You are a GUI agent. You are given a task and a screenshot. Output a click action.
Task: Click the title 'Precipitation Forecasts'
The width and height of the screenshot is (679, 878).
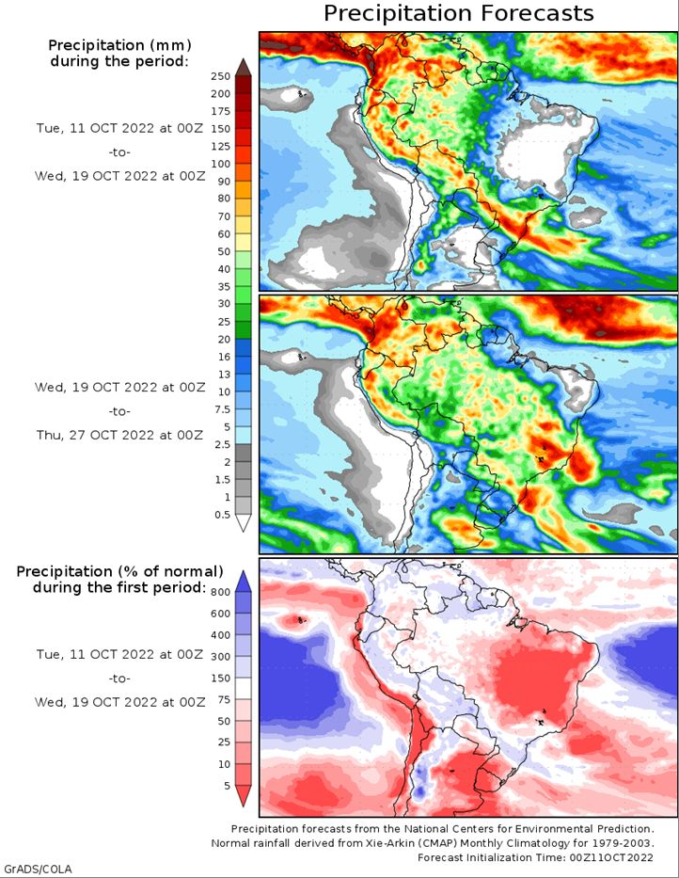point(458,13)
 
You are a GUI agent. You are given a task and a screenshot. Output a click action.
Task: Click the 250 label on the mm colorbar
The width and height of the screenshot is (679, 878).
point(221,76)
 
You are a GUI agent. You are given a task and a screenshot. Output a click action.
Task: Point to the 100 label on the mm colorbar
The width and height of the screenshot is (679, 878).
point(221,164)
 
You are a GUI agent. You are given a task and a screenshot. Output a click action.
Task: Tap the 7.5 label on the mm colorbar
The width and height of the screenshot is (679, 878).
point(222,409)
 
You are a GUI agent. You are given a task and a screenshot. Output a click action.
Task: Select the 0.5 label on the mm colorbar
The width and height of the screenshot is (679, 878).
point(222,515)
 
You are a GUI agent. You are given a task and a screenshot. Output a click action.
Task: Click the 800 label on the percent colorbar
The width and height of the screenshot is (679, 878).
point(221,593)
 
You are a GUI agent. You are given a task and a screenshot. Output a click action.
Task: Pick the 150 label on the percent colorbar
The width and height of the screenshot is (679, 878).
point(221,678)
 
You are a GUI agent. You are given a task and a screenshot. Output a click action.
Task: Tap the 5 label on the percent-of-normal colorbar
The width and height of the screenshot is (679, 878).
point(227,786)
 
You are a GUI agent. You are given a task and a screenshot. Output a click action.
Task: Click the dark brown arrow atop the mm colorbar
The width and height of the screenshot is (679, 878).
point(243,67)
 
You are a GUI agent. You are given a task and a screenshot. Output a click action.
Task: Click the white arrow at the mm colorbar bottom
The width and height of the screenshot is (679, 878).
point(243,522)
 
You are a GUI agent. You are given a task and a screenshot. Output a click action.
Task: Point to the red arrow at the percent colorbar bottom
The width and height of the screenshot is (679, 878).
point(243,795)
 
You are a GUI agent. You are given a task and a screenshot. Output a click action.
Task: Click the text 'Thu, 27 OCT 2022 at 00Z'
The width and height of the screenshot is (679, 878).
point(119,435)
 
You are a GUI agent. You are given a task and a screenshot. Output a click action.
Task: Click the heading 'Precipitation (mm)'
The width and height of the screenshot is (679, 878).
point(119,45)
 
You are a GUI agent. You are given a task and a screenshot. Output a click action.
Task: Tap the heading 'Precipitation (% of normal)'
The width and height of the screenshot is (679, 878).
point(119,572)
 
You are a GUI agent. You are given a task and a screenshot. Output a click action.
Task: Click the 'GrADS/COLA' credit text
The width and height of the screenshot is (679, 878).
point(37,869)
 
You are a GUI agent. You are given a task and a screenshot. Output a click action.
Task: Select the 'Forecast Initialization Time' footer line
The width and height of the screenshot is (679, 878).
point(535,857)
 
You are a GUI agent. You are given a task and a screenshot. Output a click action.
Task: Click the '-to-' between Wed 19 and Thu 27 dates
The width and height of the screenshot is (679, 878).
point(119,411)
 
